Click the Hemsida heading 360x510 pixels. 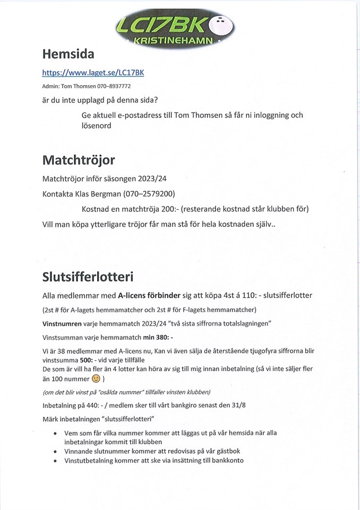point(68,54)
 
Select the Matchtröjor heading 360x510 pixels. point(79,160)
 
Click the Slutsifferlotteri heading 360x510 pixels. point(88,277)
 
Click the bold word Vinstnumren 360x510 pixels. point(62,324)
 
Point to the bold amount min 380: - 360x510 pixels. point(158,337)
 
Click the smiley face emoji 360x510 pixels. point(96,379)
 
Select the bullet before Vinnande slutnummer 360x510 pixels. point(56,450)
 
